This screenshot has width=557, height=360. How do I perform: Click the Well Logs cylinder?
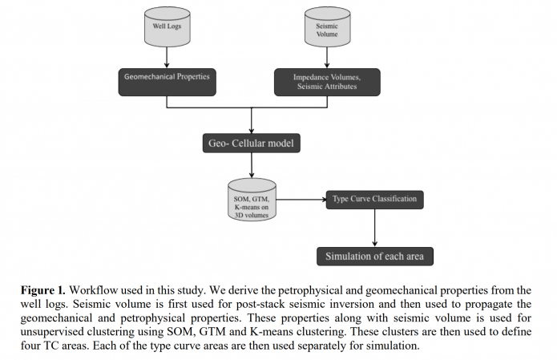[x=167, y=26]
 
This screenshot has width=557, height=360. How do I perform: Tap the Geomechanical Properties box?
[x=166, y=79]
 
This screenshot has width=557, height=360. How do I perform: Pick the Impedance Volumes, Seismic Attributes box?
[x=325, y=82]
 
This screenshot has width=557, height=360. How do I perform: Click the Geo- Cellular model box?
[x=252, y=144]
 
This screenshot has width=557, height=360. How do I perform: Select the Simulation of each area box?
[x=374, y=257]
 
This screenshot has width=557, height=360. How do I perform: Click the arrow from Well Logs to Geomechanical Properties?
[x=167, y=56]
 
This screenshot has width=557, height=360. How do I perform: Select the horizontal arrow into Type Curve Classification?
[x=300, y=198]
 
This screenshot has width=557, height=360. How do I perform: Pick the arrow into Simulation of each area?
[x=374, y=228]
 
